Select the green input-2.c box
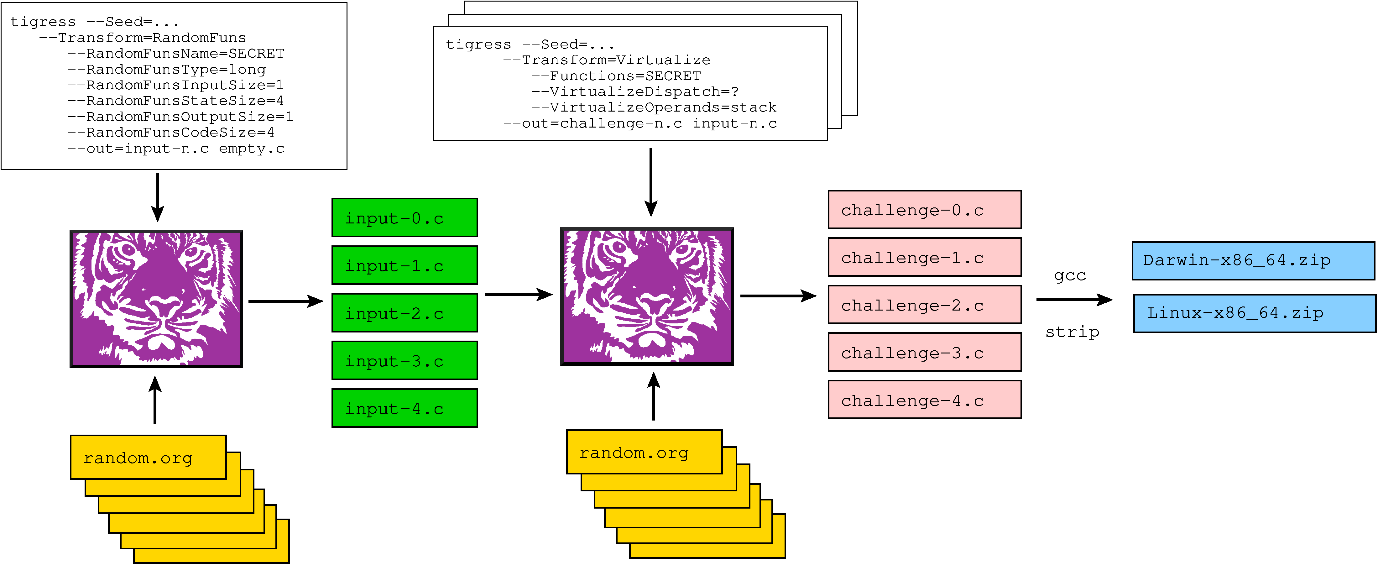pos(405,313)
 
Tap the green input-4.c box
pos(405,408)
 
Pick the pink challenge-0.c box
pos(924,210)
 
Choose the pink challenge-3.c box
pos(924,353)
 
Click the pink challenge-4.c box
pos(924,400)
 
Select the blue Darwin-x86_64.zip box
pos(1253,260)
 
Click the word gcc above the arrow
pos(1070,275)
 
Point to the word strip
pos(1072,332)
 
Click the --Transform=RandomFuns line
pos(142,38)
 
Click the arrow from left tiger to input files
pos(286,301)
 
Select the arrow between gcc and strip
pos(1074,300)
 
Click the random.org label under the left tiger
pos(138,458)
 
